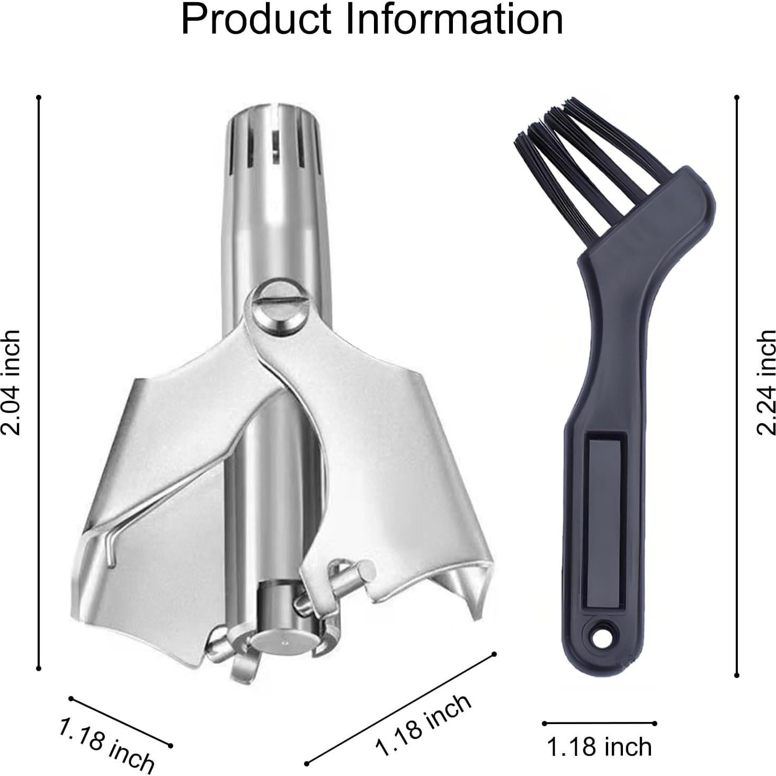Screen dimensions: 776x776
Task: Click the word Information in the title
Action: [454, 19]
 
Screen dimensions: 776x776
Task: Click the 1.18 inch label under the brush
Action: [599, 747]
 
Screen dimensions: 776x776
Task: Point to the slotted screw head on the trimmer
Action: [275, 308]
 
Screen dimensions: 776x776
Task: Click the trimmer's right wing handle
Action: [403, 477]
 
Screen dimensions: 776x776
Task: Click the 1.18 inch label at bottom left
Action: [106, 744]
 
